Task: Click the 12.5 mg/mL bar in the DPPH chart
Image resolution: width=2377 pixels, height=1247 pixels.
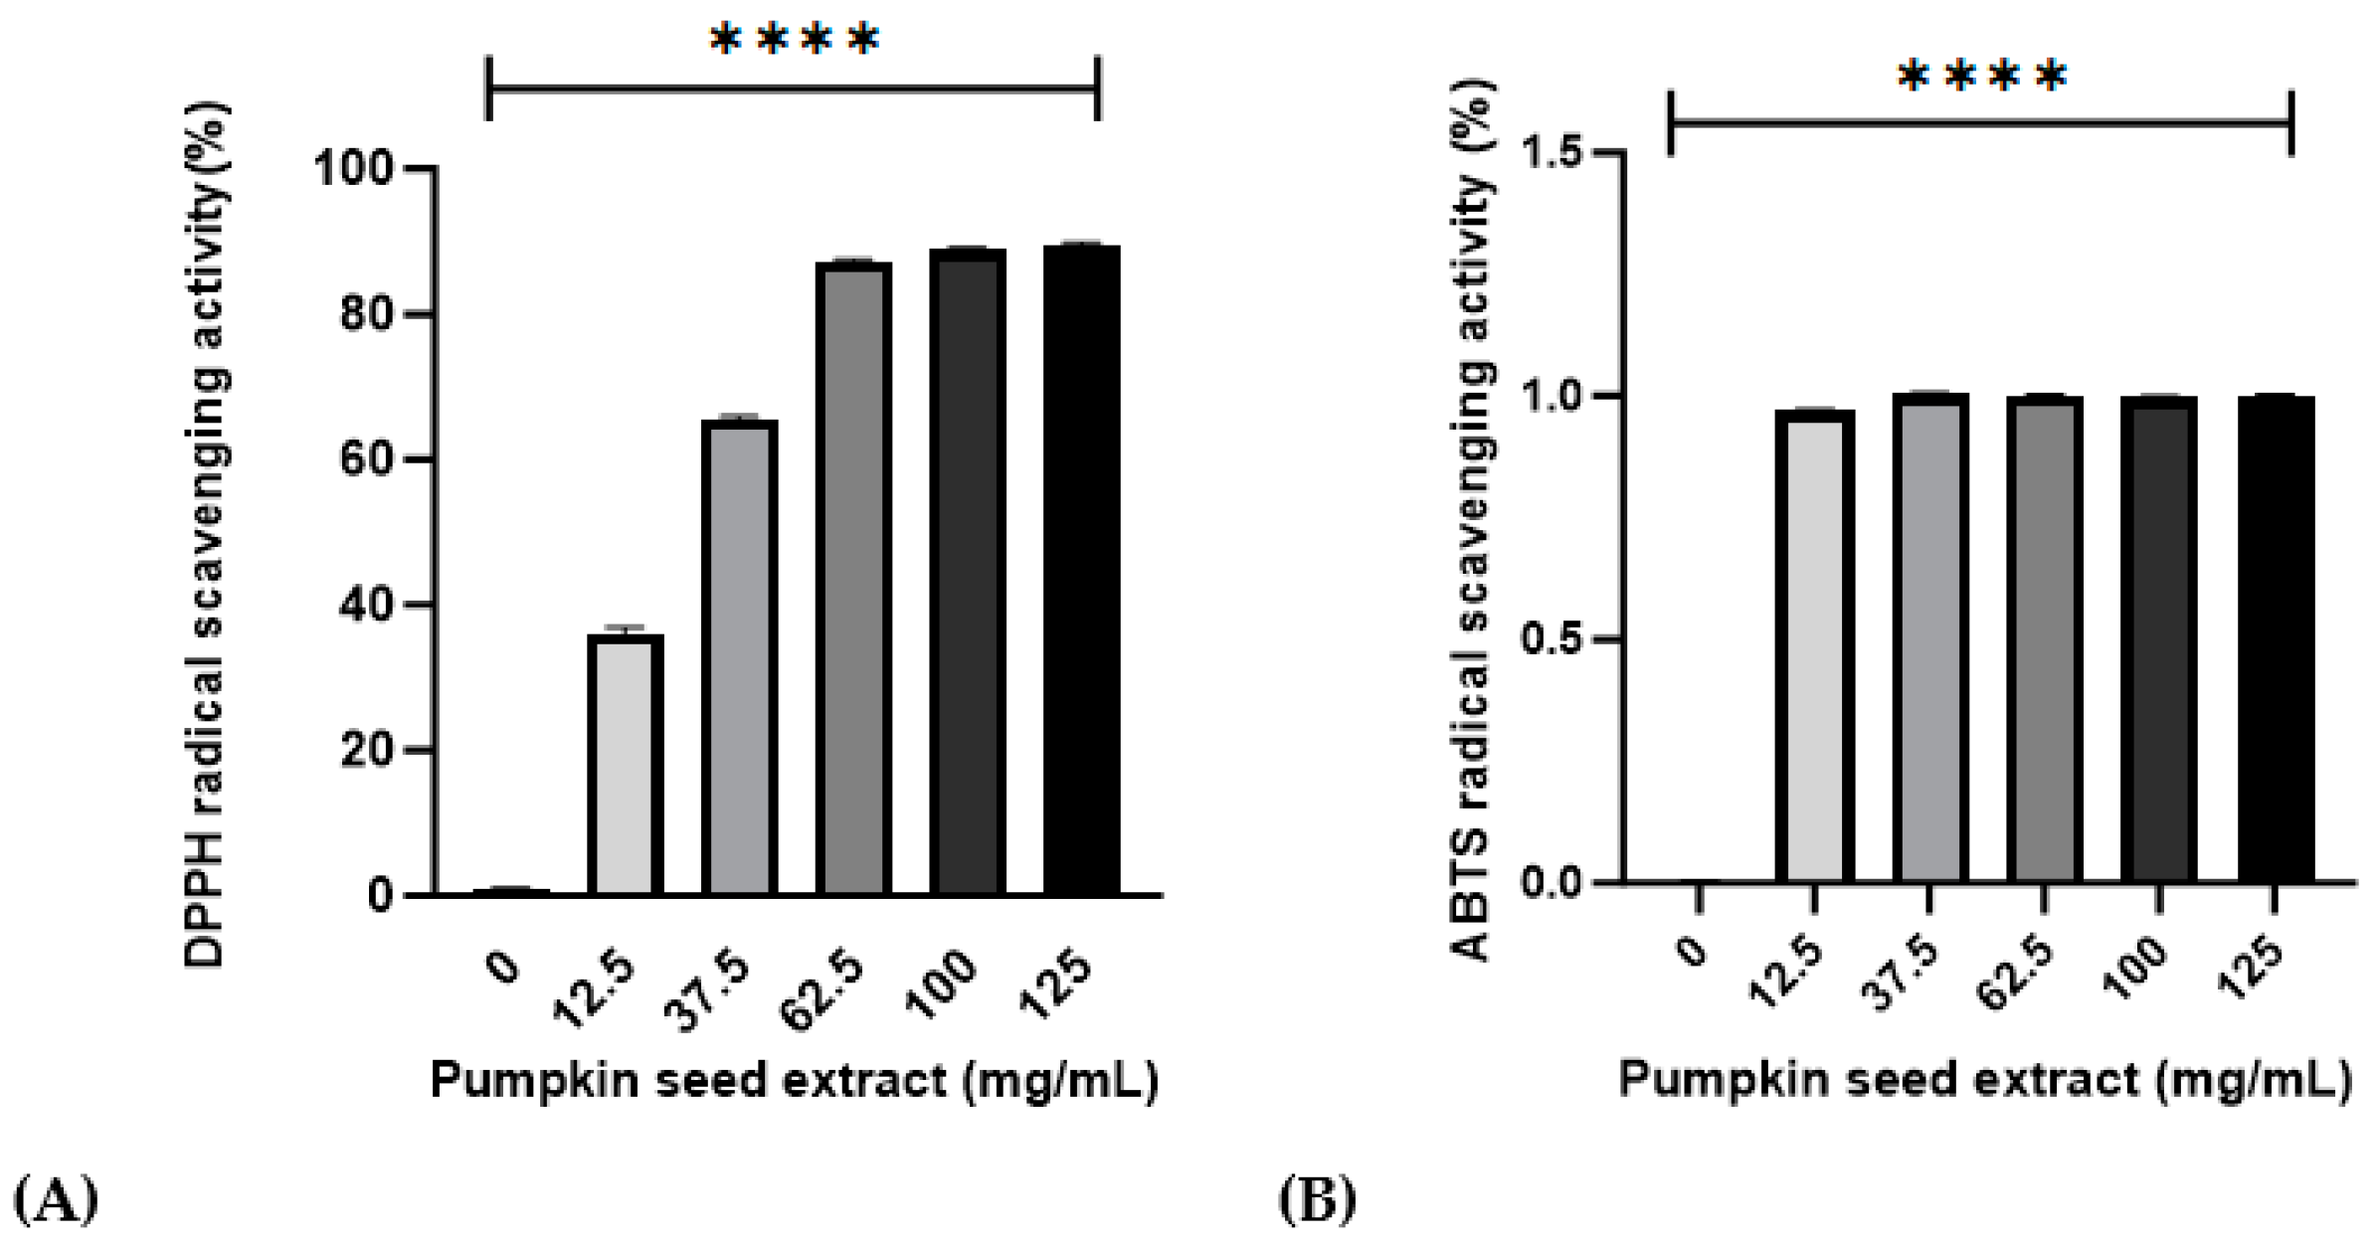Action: click(626, 766)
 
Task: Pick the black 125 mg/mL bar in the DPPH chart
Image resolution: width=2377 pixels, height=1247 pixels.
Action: click(1082, 571)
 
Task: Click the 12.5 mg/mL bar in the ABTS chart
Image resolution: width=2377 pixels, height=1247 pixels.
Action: click(1815, 646)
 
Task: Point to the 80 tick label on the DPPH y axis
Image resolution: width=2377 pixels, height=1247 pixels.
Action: click(367, 314)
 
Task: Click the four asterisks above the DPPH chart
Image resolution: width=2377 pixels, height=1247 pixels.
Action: click(795, 40)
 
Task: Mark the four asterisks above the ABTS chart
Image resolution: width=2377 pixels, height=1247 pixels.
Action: click(1982, 77)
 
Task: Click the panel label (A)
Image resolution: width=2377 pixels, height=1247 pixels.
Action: click(57, 1199)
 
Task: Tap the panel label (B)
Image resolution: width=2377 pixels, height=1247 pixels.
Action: click(1317, 1199)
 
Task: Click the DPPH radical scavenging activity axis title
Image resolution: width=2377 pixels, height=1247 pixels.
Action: click(207, 537)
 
